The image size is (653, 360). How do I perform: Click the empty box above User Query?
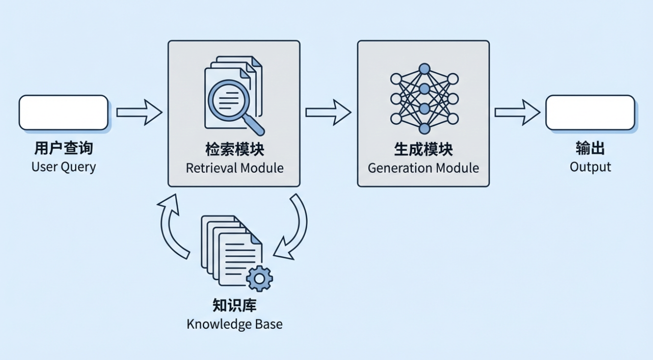[x=63, y=112]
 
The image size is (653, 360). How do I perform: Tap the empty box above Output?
[x=590, y=112]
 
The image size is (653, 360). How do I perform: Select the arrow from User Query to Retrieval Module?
[x=139, y=112]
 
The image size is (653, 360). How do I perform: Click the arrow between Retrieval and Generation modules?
[x=328, y=112]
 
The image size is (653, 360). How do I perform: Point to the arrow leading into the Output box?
[x=518, y=112]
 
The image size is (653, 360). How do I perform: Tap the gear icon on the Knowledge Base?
[x=259, y=278]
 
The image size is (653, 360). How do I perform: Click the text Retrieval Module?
[x=234, y=168]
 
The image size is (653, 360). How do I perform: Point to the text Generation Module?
[x=423, y=168]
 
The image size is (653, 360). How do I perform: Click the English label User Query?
[x=63, y=167]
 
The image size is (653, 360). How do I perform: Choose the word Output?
[x=590, y=167]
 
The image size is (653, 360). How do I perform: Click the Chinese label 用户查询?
[x=63, y=148]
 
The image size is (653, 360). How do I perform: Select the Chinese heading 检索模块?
[x=234, y=150]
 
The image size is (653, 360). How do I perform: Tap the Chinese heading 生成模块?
[x=423, y=150]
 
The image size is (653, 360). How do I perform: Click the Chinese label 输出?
[x=590, y=148]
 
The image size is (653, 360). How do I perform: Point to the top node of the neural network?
[x=424, y=69]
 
